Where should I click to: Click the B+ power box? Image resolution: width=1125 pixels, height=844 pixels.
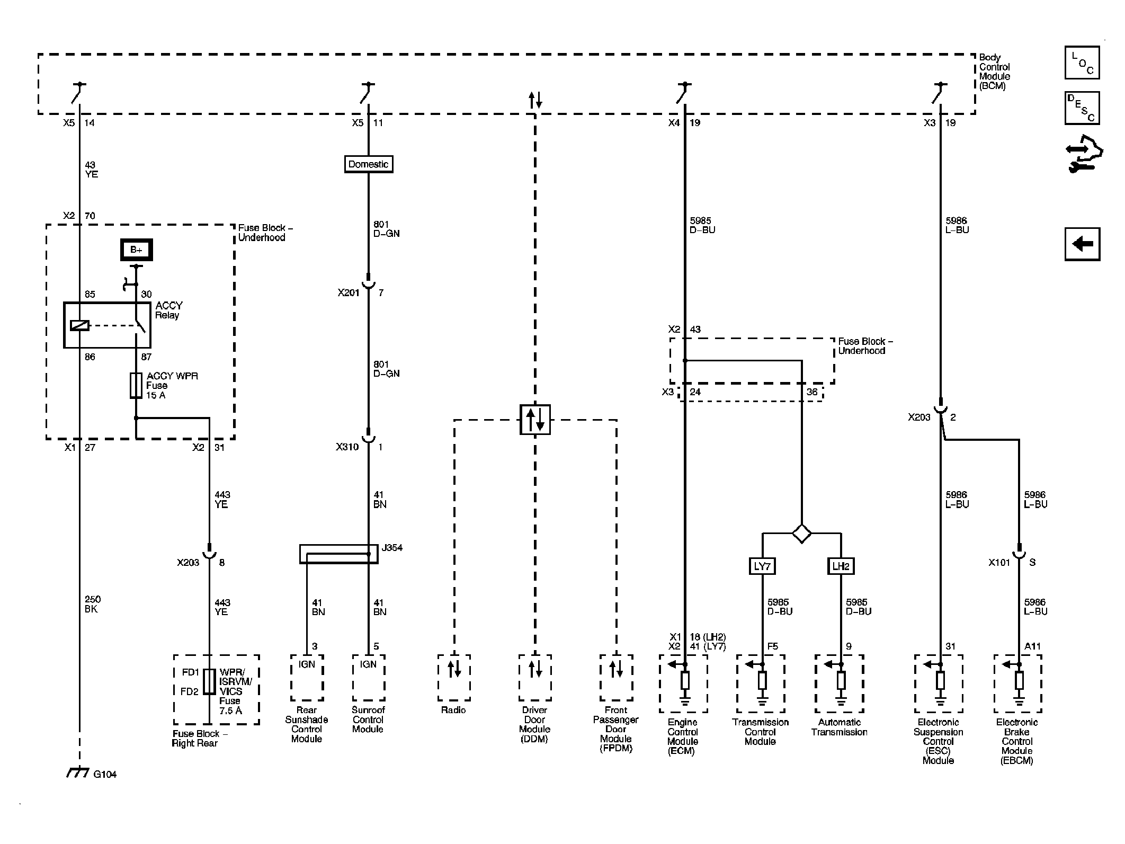coord(137,250)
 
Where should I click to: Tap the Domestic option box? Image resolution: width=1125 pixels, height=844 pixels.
coord(369,164)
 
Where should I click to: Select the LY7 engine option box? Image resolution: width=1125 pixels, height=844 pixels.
coord(762,566)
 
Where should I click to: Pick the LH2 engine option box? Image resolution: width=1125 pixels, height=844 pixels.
coord(841,566)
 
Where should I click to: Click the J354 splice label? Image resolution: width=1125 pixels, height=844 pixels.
coord(392,548)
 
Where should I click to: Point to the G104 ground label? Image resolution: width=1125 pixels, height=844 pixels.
coord(105,774)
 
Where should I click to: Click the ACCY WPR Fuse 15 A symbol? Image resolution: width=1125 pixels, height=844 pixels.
coord(136,385)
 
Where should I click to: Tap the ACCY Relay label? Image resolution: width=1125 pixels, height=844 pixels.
coord(168,310)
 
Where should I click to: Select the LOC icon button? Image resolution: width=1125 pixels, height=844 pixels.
coord(1082,63)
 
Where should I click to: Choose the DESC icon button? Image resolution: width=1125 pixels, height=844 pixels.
coord(1082,108)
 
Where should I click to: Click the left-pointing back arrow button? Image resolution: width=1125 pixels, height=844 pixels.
coord(1082,244)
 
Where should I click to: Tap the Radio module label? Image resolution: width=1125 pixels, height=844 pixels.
coord(453,710)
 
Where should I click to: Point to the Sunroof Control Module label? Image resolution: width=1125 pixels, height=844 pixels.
coord(368,719)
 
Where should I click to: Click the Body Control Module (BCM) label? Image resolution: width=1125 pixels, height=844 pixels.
coord(995,72)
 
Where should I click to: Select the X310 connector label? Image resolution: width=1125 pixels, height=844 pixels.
coord(347,447)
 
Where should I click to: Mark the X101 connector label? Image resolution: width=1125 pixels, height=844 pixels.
coord(999,563)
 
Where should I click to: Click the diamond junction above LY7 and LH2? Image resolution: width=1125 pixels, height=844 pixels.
coord(801,533)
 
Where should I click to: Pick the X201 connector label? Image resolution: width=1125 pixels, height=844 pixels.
coord(349,292)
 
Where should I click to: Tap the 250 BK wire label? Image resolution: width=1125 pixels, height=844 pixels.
coord(92,604)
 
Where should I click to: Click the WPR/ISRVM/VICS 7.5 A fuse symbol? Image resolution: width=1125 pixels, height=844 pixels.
coord(210,681)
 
